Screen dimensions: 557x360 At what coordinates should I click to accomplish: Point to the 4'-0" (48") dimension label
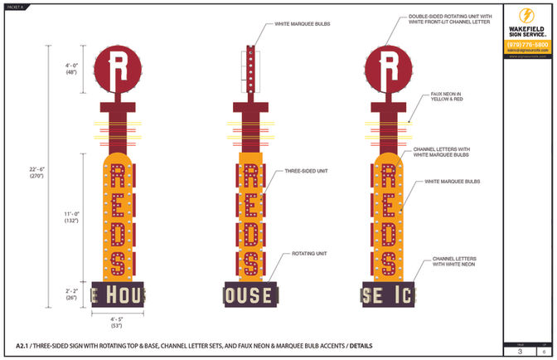[x=72, y=68]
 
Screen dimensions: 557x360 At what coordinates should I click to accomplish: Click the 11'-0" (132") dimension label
[x=72, y=217]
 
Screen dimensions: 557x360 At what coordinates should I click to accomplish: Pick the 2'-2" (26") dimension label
[x=72, y=293]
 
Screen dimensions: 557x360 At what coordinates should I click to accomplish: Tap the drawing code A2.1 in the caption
[x=23, y=344]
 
